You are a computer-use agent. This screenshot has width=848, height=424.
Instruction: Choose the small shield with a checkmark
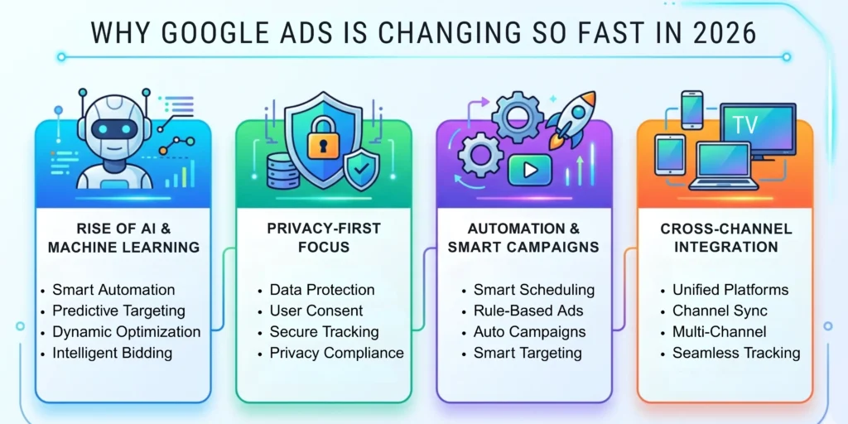point(359,171)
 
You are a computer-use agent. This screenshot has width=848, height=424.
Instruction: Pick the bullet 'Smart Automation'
point(113,290)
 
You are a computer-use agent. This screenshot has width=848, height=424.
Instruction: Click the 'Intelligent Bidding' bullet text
point(112,354)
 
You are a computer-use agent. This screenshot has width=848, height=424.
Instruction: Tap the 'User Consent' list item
point(316,311)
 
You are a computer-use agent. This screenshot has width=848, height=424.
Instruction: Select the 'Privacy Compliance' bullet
point(336,354)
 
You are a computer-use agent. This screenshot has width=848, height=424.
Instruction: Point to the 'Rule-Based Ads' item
point(528,311)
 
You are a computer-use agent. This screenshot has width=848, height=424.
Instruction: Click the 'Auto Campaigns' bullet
point(529,332)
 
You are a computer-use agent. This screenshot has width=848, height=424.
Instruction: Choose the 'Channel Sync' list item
point(720,311)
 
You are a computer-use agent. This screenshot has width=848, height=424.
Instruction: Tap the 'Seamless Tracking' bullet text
point(736,354)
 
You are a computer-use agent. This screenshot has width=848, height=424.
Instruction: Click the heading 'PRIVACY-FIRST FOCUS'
point(324,238)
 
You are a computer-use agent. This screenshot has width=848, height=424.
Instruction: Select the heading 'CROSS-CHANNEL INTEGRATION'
point(726,238)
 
